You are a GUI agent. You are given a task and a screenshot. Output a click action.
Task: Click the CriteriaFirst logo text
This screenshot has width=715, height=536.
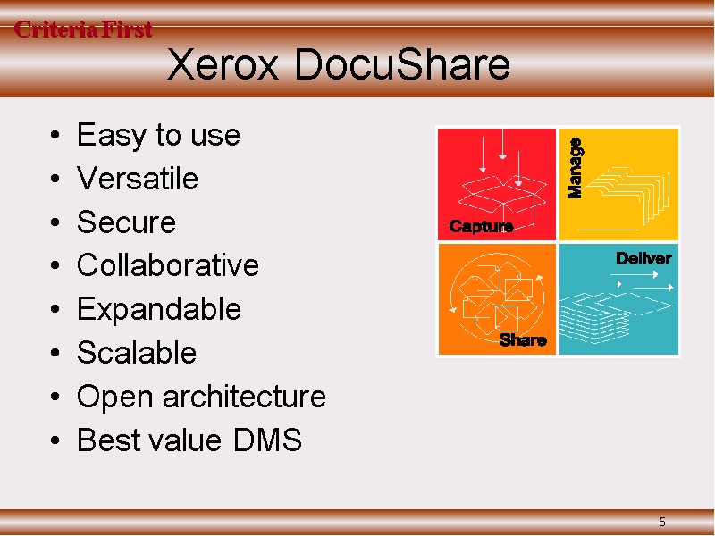click(x=83, y=29)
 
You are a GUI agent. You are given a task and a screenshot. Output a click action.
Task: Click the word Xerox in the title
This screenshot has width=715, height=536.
click(x=223, y=64)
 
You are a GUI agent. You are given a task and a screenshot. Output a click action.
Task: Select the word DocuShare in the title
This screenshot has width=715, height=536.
click(x=402, y=63)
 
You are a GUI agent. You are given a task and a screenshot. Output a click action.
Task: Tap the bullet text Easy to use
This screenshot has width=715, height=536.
click(x=158, y=136)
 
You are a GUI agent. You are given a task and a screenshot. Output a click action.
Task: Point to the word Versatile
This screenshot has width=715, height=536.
click(x=138, y=178)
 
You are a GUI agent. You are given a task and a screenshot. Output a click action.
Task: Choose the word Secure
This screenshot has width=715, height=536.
click(x=126, y=222)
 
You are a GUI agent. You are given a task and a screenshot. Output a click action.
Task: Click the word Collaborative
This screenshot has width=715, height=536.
click(x=168, y=264)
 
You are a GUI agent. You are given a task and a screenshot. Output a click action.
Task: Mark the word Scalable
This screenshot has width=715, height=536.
click(x=137, y=352)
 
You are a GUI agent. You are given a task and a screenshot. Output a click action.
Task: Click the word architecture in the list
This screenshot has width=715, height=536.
click(x=244, y=396)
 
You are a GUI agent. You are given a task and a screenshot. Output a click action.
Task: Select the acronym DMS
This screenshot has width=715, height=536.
click(x=267, y=440)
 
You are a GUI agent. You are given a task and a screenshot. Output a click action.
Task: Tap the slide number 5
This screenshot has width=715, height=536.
click(x=662, y=522)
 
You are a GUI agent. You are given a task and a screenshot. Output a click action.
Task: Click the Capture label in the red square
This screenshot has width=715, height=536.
click(x=481, y=226)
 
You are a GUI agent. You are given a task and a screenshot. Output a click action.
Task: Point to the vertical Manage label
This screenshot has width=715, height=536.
click(x=575, y=168)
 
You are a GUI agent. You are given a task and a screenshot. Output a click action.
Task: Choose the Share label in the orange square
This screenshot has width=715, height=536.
click(x=523, y=340)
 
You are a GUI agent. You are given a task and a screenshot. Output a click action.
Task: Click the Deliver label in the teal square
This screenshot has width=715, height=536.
click(x=643, y=258)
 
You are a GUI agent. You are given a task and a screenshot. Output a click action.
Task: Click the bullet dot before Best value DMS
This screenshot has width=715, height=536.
click(x=55, y=440)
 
